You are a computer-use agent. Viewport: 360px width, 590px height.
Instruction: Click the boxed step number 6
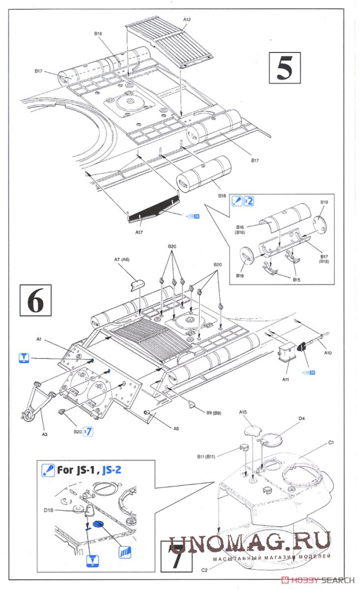(35, 300)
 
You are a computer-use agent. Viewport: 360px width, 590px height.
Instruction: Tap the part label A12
(187, 20)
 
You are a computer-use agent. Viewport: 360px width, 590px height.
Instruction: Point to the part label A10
(328, 352)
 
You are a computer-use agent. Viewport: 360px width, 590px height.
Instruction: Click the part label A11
(286, 379)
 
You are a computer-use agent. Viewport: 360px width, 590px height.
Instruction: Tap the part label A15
(243, 412)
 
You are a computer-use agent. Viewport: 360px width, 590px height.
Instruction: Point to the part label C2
(204, 570)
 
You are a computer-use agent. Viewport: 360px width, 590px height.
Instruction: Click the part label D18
(63, 510)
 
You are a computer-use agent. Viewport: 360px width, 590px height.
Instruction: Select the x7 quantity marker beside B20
(89, 431)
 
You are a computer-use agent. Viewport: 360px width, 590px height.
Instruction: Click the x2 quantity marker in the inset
(249, 202)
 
